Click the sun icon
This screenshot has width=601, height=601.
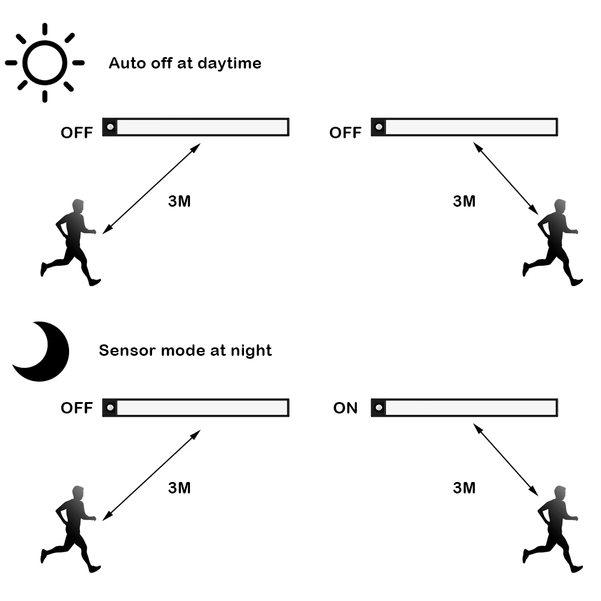(44, 62)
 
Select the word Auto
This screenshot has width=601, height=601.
(126, 63)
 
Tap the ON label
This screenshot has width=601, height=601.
(346, 409)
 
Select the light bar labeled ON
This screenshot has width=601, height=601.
(465, 408)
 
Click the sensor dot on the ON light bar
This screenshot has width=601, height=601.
(379, 408)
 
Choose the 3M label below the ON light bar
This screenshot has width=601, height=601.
(464, 488)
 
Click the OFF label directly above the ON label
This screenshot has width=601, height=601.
(345, 133)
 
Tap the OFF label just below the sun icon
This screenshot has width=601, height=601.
(77, 133)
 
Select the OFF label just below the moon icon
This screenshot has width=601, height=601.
(77, 409)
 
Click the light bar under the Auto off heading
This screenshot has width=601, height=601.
(195, 127)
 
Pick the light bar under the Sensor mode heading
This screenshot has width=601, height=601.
(195, 408)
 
